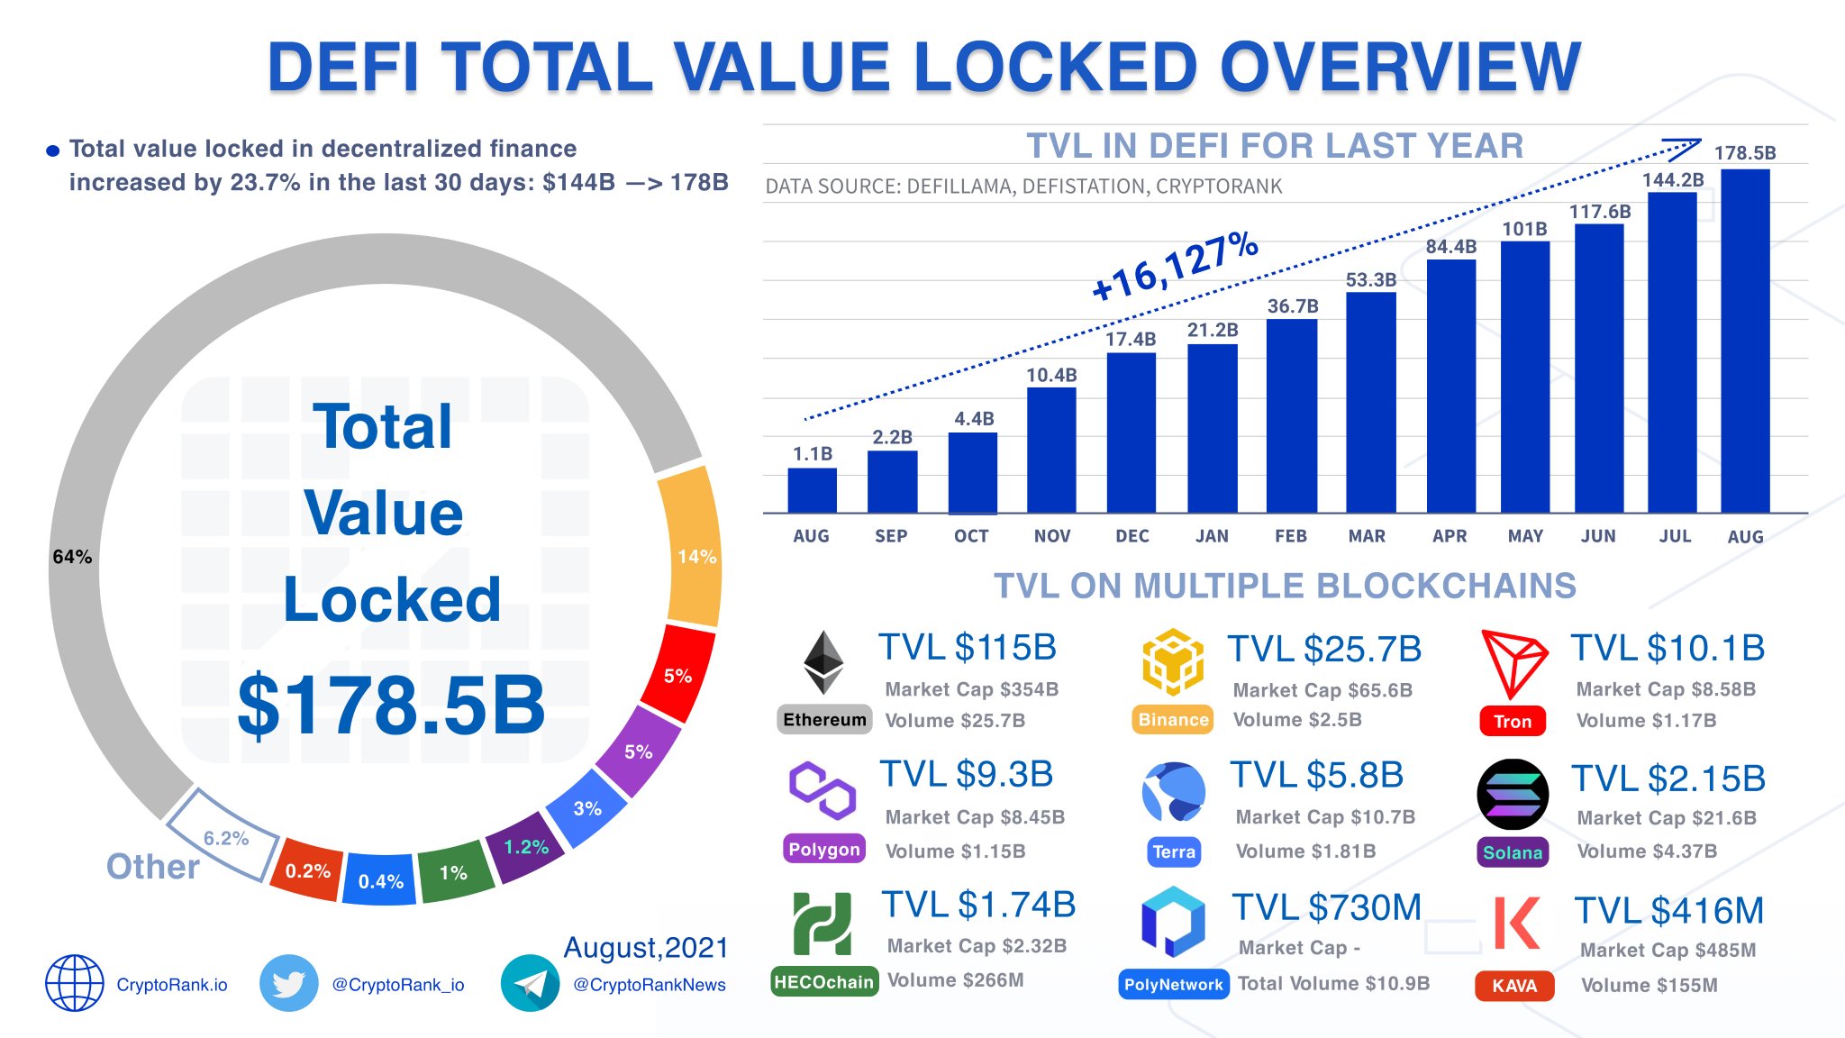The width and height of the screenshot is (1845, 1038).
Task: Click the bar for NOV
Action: pyautogui.click(x=1051, y=450)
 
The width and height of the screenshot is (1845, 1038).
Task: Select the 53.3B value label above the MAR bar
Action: pyautogui.click(x=1371, y=280)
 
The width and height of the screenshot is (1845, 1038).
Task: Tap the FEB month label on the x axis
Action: pyautogui.click(x=1291, y=536)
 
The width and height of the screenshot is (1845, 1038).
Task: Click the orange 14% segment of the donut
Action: pyautogui.click(x=692, y=547)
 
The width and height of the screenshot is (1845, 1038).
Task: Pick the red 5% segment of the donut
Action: pyautogui.click(x=678, y=674)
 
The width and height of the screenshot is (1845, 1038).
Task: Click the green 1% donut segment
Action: pyautogui.click(x=454, y=872)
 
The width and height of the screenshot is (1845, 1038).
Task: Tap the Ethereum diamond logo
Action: pyautogui.click(x=823, y=662)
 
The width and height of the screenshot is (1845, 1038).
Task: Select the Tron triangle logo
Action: pyautogui.click(x=1514, y=664)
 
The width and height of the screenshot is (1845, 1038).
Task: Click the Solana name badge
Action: pyautogui.click(x=1513, y=852)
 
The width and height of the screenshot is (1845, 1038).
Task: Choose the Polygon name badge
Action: pyautogui.click(x=824, y=849)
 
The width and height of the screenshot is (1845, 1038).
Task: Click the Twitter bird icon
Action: pyautogui.click(x=288, y=984)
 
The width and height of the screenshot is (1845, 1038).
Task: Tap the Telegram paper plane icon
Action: pyautogui.click(x=530, y=984)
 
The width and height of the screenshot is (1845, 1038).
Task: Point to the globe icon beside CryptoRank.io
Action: pyautogui.click(x=75, y=984)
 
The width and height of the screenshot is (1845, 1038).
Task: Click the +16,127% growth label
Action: pyautogui.click(x=1175, y=266)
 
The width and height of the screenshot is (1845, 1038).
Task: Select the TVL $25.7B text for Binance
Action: pyautogui.click(x=1324, y=649)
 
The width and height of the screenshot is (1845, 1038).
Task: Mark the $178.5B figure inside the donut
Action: pyautogui.click(x=391, y=705)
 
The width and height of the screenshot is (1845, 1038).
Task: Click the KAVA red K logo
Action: pyautogui.click(x=1515, y=923)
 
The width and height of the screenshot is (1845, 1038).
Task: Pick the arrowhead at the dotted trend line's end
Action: pyautogui.click(x=1685, y=147)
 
